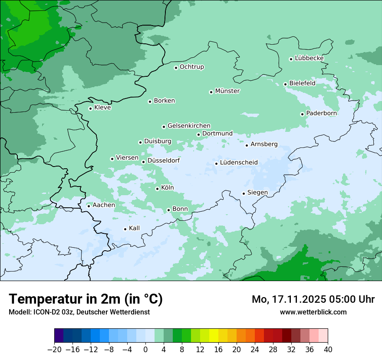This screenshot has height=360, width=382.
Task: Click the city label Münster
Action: (227, 91)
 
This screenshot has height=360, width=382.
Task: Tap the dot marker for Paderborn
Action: (302, 114)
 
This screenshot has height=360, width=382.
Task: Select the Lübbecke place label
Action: (309, 58)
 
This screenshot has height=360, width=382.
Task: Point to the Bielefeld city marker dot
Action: (285, 84)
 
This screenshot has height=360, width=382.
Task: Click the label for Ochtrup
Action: (191, 67)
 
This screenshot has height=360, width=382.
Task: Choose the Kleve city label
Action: (102, 108)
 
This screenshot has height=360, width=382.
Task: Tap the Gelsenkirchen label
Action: (189, 126)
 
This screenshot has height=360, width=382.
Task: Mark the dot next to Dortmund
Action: (198, 134)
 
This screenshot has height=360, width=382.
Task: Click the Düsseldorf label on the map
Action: (164, 160)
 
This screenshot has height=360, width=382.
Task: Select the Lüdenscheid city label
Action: (239, 163)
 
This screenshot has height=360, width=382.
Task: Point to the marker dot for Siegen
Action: (244, 193)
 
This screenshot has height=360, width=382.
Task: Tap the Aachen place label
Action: (104, 205)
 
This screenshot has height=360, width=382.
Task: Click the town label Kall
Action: (134, 228)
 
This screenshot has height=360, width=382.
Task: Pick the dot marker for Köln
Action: (157, 189)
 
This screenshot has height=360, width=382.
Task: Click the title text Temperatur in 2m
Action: (86, 299)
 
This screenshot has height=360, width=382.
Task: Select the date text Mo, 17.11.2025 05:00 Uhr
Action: (313, 299)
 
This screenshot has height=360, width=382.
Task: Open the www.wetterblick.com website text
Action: (313, 312)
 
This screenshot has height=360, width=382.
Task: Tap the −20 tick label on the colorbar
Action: (54, 350)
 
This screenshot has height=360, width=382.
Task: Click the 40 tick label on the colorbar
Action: (328, 350)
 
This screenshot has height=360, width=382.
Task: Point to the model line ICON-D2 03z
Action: (79, 312)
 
